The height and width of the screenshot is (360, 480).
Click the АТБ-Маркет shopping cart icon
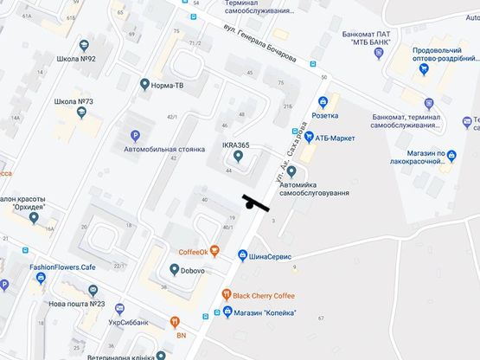click(307, 137)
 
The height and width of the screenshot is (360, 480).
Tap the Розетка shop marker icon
click(323, 101)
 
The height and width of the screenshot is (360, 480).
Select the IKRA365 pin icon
click(238, 157)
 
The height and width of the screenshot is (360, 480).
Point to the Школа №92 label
click(75, 60)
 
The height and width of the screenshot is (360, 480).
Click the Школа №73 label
click(74, 101)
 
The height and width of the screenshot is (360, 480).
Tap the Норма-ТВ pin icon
click(144, 85)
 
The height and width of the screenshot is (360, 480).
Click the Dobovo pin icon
click(173, 270)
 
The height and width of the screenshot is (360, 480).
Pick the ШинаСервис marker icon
click(243, 255)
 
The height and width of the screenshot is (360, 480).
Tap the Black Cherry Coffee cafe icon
click(227, 294)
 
